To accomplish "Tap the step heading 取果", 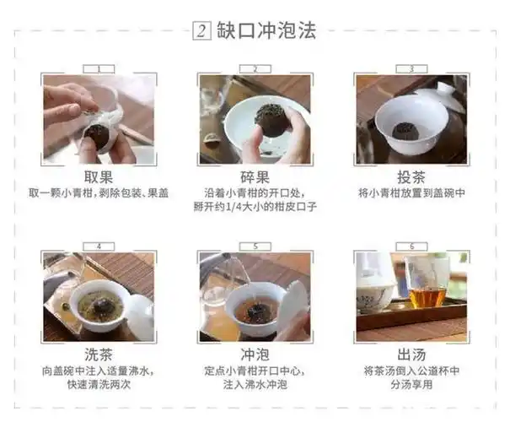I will coord(99,177).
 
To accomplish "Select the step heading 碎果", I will coord(254,177).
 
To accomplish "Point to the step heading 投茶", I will coord(411,177).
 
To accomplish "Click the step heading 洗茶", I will coord(99,354).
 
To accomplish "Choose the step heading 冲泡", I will coord(254,354).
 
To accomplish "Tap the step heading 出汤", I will coord(411,354).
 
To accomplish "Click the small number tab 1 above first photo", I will coord(99,69).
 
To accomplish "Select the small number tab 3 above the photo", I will coord(411,69).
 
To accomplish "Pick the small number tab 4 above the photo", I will coord(99,246).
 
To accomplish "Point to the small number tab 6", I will coord(411,246).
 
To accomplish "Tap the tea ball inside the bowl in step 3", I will coord(411,133).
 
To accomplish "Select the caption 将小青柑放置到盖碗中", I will coord(411,193).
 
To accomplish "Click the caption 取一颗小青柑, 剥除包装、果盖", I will coord(99,193).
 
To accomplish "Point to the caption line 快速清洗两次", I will coord(99,385).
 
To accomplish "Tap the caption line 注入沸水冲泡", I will coord(254,385).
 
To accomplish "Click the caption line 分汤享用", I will coord(411,385).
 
